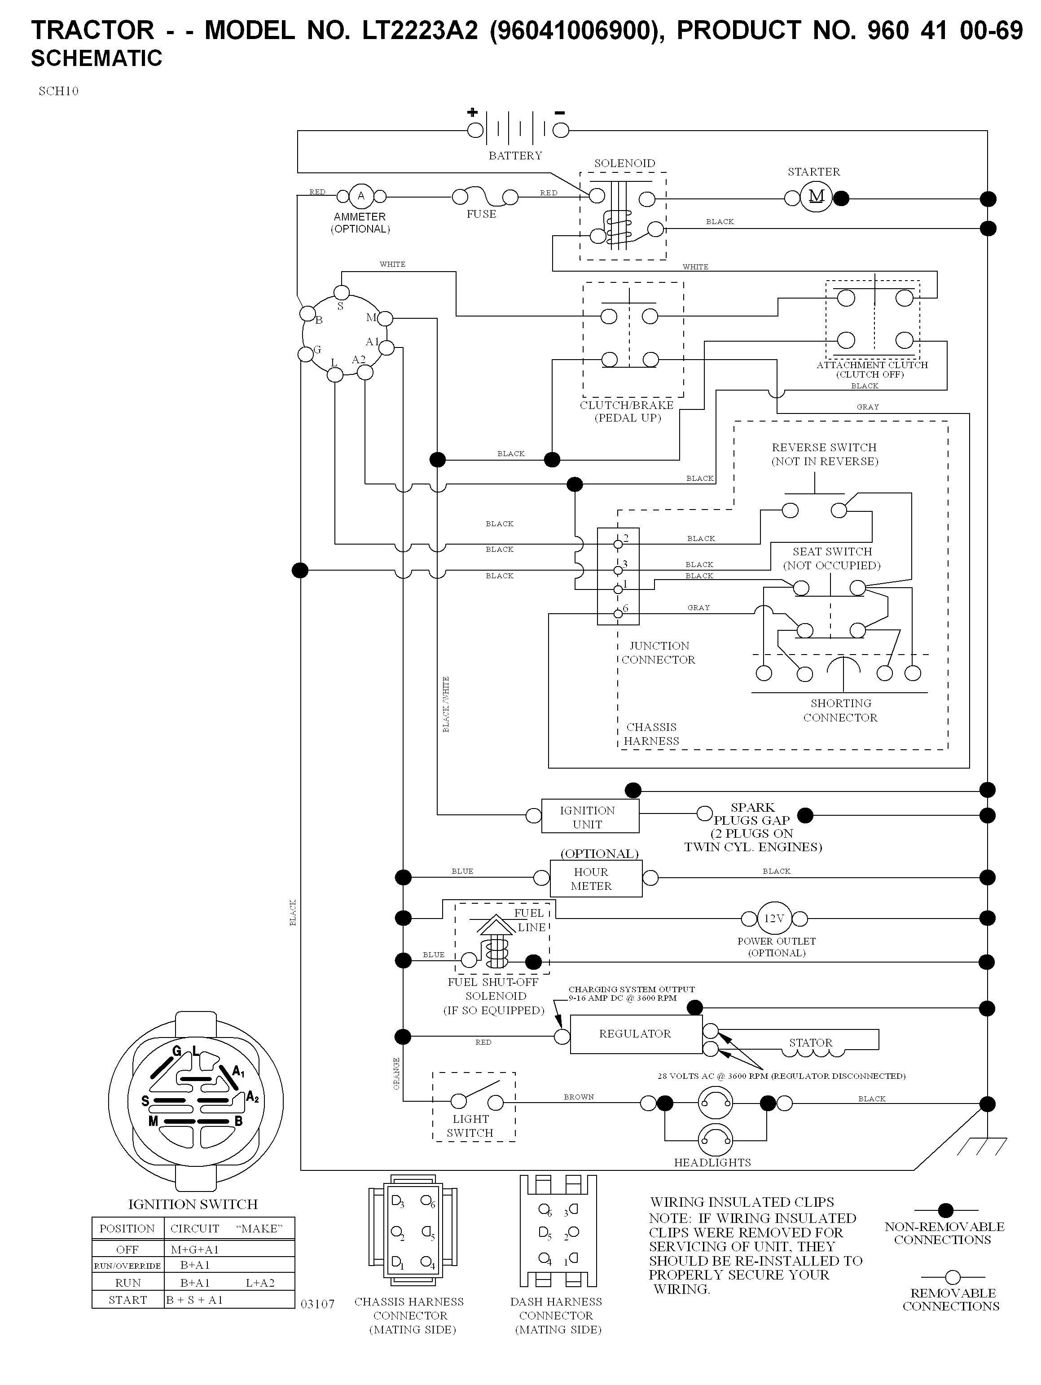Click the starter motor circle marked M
click(x=816, y=197)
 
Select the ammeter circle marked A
click(x=360, y=197)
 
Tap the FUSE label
click(x=481, y=214)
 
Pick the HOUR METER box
click(x=596, y=879)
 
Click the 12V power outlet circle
click(x=774, y=919)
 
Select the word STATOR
click(x=811, y=1042)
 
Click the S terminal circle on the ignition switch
click(x=341, y=292)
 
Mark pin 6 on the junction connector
click(x=619, y=614)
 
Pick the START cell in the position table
click(x=127, y=1300)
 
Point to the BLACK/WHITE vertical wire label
click(x=446, y=704)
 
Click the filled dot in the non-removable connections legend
click(x=946, y=1210)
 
